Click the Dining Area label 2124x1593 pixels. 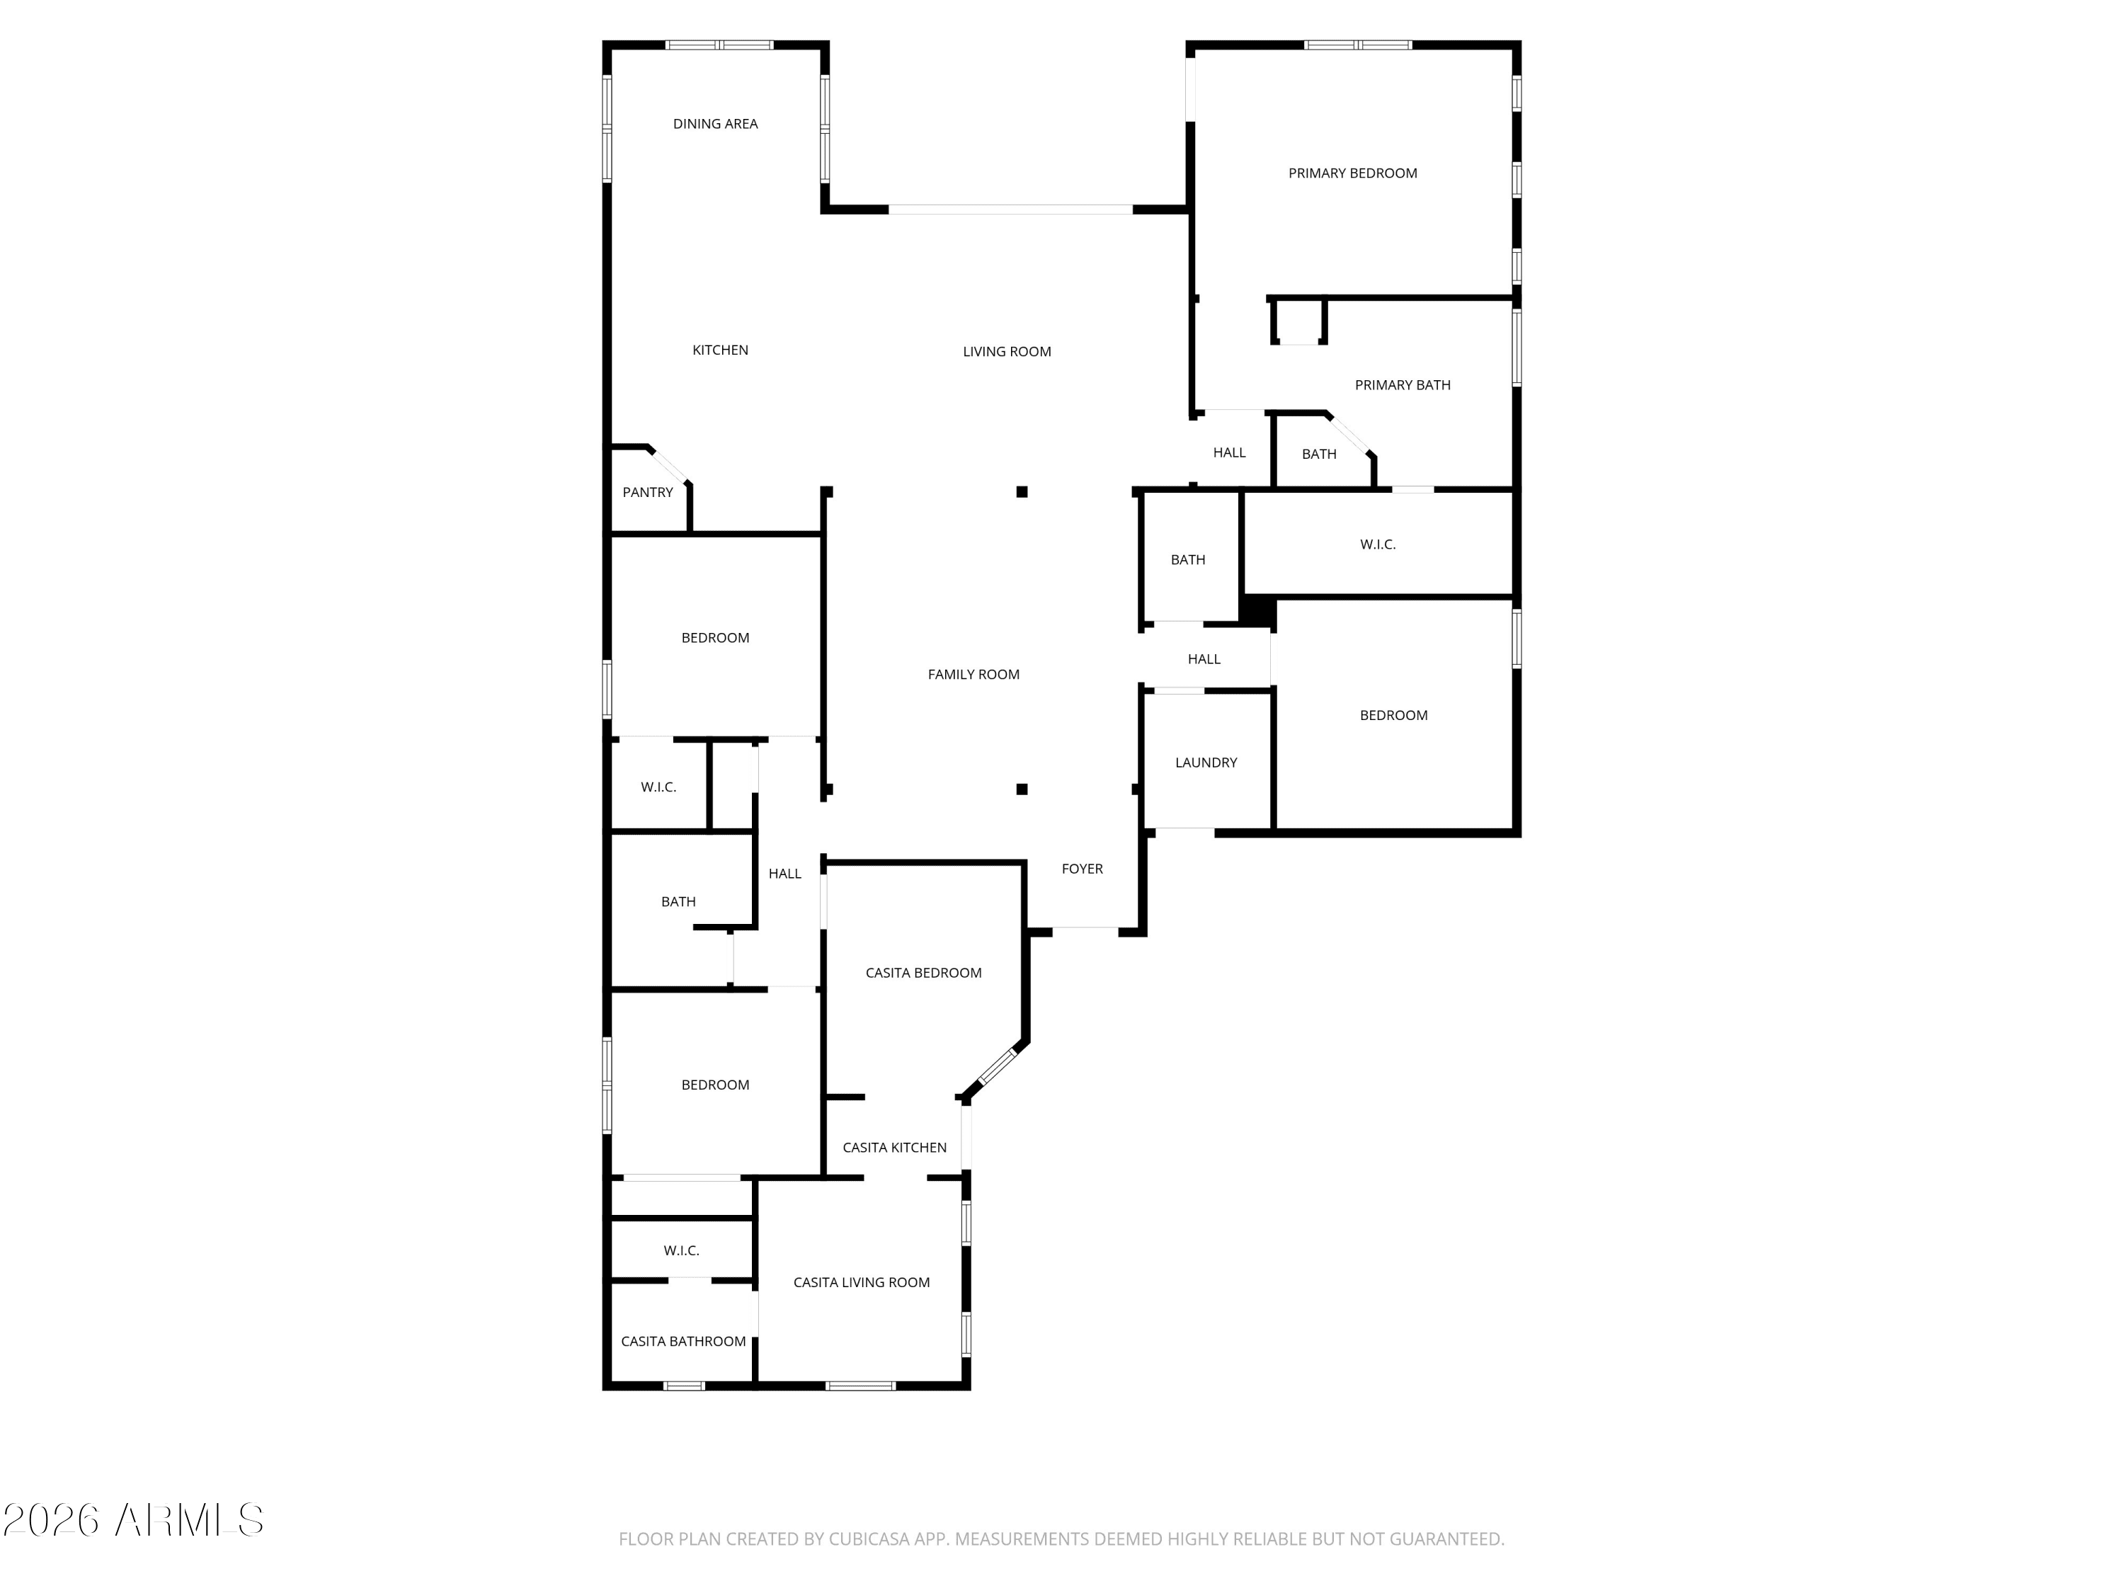point(715,124)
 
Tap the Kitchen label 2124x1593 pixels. point(720,350)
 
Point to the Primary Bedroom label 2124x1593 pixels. point(1352,173)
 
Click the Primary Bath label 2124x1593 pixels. point(1402,385)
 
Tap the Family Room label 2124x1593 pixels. point(973,675)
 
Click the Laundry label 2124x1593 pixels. point(1206,763)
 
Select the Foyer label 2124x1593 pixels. point(1082,869)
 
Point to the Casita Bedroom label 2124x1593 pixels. point(923,973)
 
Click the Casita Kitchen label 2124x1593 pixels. point(894,1148)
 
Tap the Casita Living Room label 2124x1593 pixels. point(862,1283)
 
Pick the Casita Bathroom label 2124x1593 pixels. point(683,1342)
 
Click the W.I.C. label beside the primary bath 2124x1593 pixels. point(1377,544)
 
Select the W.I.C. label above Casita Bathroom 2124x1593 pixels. point(681,1250)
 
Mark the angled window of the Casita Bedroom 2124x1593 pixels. point(998,1067)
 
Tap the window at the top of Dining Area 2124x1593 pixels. point(719,45)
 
